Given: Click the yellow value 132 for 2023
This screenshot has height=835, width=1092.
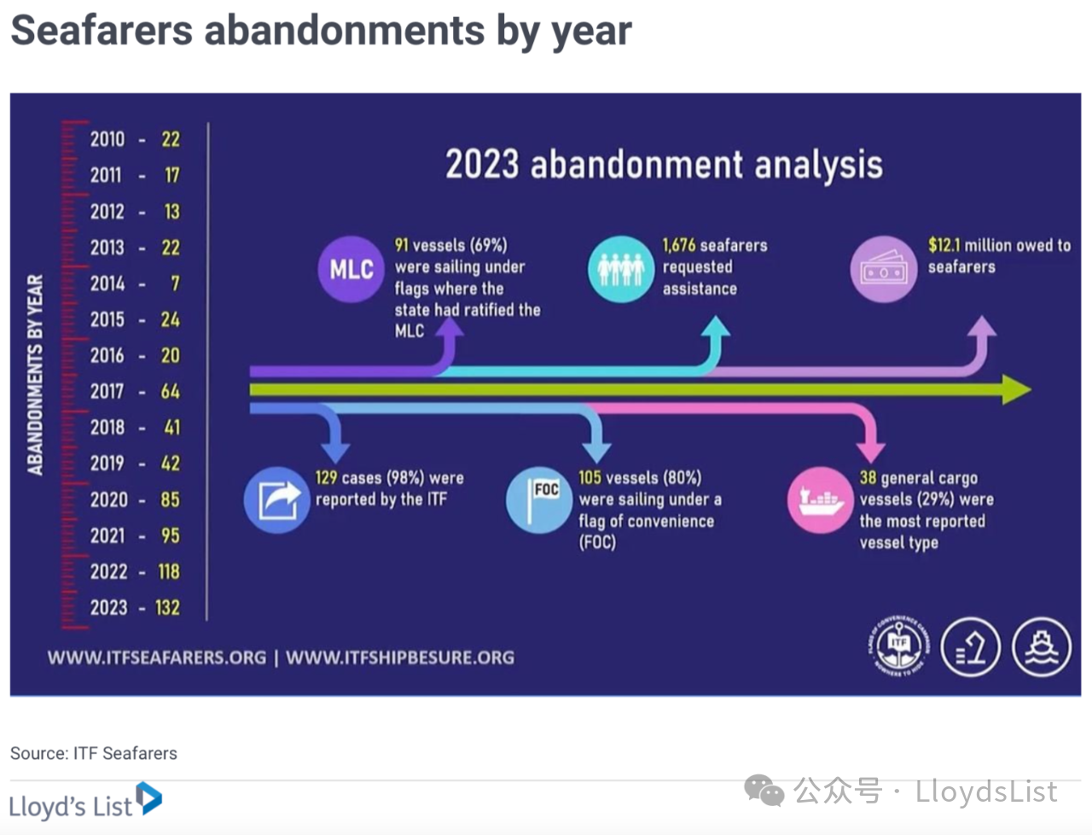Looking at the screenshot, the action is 168,607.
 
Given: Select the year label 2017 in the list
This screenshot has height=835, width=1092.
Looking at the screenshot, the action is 107,391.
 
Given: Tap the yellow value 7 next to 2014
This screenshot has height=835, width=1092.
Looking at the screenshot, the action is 175,283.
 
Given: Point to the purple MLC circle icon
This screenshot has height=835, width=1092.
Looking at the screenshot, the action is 351,270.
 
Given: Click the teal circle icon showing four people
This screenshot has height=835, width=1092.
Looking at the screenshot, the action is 621,270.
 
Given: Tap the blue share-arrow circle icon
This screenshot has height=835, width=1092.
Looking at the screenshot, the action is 277,500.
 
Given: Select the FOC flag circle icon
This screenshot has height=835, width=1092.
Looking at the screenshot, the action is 540,500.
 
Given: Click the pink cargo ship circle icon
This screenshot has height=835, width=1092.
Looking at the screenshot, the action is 821,500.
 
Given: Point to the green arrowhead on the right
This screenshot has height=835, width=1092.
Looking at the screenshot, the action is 1016,389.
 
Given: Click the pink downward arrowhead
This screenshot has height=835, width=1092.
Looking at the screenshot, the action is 870,451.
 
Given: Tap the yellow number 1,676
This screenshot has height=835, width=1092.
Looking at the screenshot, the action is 679,245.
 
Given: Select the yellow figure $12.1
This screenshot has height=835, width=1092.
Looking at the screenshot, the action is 944,245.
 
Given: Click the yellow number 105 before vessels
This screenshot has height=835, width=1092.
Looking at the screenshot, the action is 590,477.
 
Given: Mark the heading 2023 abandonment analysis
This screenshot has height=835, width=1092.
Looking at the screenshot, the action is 664,164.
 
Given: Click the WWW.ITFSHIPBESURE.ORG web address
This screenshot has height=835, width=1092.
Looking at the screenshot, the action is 400,657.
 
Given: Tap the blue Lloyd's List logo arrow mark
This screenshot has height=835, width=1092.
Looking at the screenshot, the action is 149,797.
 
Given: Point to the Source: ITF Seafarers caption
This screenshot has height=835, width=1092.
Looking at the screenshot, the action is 94,753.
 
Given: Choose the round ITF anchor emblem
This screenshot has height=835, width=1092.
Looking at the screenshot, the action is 899,646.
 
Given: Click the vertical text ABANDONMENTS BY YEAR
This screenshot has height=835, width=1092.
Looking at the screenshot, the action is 35,375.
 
